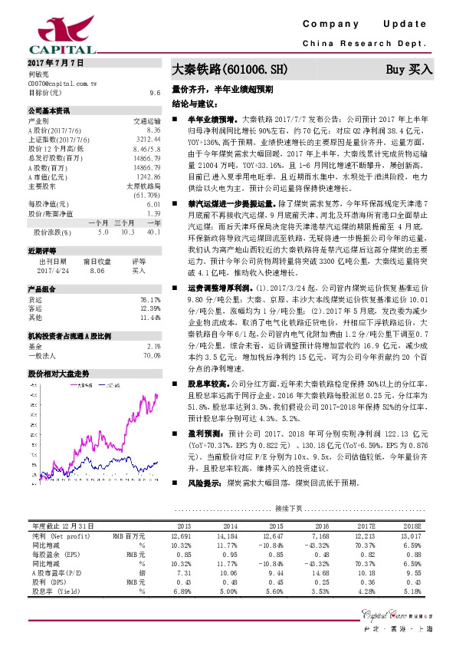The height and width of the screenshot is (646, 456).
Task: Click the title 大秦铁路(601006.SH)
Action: pyautogui.click(x=228, y=70)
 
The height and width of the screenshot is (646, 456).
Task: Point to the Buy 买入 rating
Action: pyautogui.click(x=408, y=70)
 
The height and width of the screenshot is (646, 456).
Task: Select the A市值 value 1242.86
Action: pyautogui.click(x=148, y=177)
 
